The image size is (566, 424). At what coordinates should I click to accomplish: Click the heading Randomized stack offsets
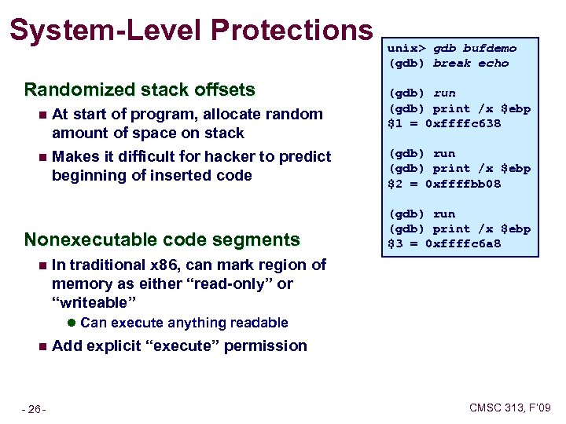(139, 89)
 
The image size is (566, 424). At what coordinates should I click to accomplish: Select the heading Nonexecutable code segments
(162, 239)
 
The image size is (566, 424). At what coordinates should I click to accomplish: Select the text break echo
(471, 63)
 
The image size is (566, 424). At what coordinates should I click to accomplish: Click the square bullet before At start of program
(42, 115)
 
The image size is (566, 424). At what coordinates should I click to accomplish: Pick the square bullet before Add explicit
(42, 346)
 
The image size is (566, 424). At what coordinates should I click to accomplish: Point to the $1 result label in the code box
(396, 123)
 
